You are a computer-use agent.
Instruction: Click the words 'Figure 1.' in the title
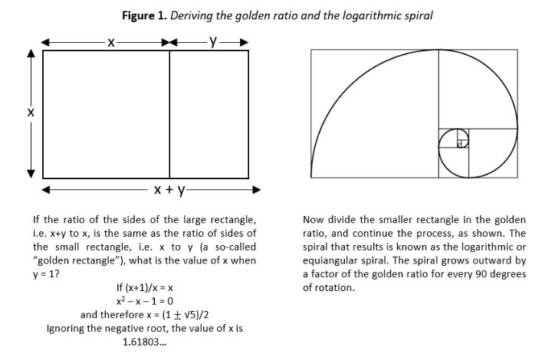tap(144, 16)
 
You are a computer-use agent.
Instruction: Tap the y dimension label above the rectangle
tap(213, 41)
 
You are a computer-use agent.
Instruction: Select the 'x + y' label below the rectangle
tap(169, 190)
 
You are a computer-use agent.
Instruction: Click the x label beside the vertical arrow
tap(31, 113)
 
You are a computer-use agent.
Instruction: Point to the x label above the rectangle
tap(111, 42)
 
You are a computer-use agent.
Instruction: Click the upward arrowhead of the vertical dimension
tap(31, 54)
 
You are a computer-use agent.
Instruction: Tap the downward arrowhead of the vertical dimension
tap(31, 174)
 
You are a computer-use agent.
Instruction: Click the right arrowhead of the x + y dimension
tap(256, 190)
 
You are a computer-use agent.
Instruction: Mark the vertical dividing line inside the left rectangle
tap(169, 114)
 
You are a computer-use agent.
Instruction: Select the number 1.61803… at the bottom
tap(144, 342)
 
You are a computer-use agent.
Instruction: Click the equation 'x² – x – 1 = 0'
tap(144, 301)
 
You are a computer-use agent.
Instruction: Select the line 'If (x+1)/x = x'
tap(144, 287)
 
